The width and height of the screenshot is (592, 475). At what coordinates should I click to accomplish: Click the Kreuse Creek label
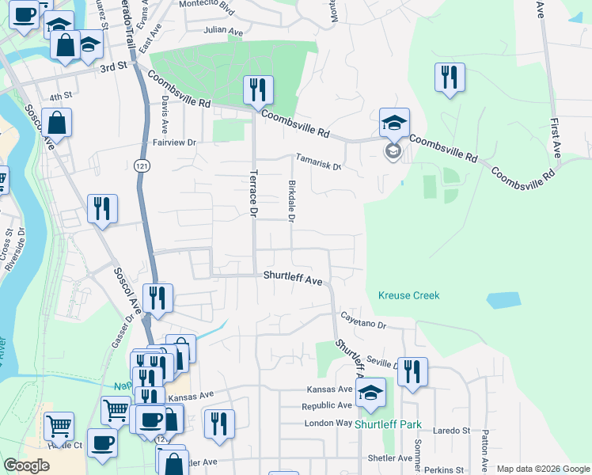tap(408, 295)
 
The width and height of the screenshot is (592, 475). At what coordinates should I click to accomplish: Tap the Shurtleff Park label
tap(388, 424)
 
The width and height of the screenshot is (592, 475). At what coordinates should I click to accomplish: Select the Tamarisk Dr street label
tap(318, 162)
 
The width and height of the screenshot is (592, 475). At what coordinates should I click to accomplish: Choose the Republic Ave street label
tap(327, 406)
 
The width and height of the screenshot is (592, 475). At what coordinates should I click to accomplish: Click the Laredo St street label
tap(454, 431)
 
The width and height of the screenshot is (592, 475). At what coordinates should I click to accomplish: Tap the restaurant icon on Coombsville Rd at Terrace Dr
tap(258, 91)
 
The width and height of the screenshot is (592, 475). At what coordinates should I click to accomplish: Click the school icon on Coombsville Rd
tap(394, 123)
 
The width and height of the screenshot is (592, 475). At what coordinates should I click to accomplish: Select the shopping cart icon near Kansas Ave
tap(116, 411)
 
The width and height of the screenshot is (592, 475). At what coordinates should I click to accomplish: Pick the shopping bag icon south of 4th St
tap(57, 123)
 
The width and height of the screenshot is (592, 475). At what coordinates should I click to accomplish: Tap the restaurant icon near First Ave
tap(450, 78)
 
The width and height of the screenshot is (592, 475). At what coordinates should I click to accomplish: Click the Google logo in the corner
tap(26, 465)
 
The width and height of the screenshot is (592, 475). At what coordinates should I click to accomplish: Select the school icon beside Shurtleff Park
tap(370, 393)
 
